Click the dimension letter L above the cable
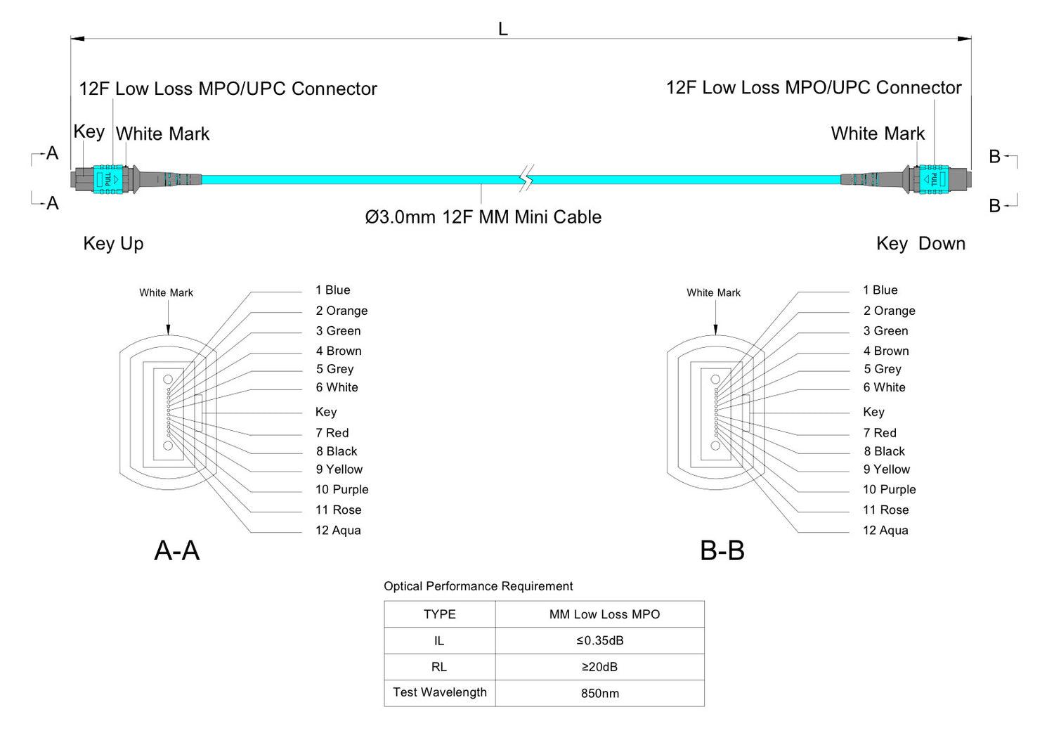[503, 30]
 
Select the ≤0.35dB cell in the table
[599, 640]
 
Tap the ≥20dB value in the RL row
[599, 666]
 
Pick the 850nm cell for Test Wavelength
[599, 693]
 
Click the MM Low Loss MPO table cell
[604, 614]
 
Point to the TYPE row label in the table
[440, 614]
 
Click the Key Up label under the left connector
[113, 244]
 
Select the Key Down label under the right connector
[920, 244]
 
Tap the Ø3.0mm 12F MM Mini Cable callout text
[483, 217]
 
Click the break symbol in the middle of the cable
[526, 179]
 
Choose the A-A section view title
[177, 550]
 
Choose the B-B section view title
[722, 550]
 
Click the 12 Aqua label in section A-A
[338, 531]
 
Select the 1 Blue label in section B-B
[880, 290]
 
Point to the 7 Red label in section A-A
[332, 433]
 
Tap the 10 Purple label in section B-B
[890, 490]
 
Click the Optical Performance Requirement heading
[478, 586]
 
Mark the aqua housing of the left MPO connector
[108, 179]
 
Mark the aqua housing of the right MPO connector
[934, 179]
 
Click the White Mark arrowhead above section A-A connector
[168, 330]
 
